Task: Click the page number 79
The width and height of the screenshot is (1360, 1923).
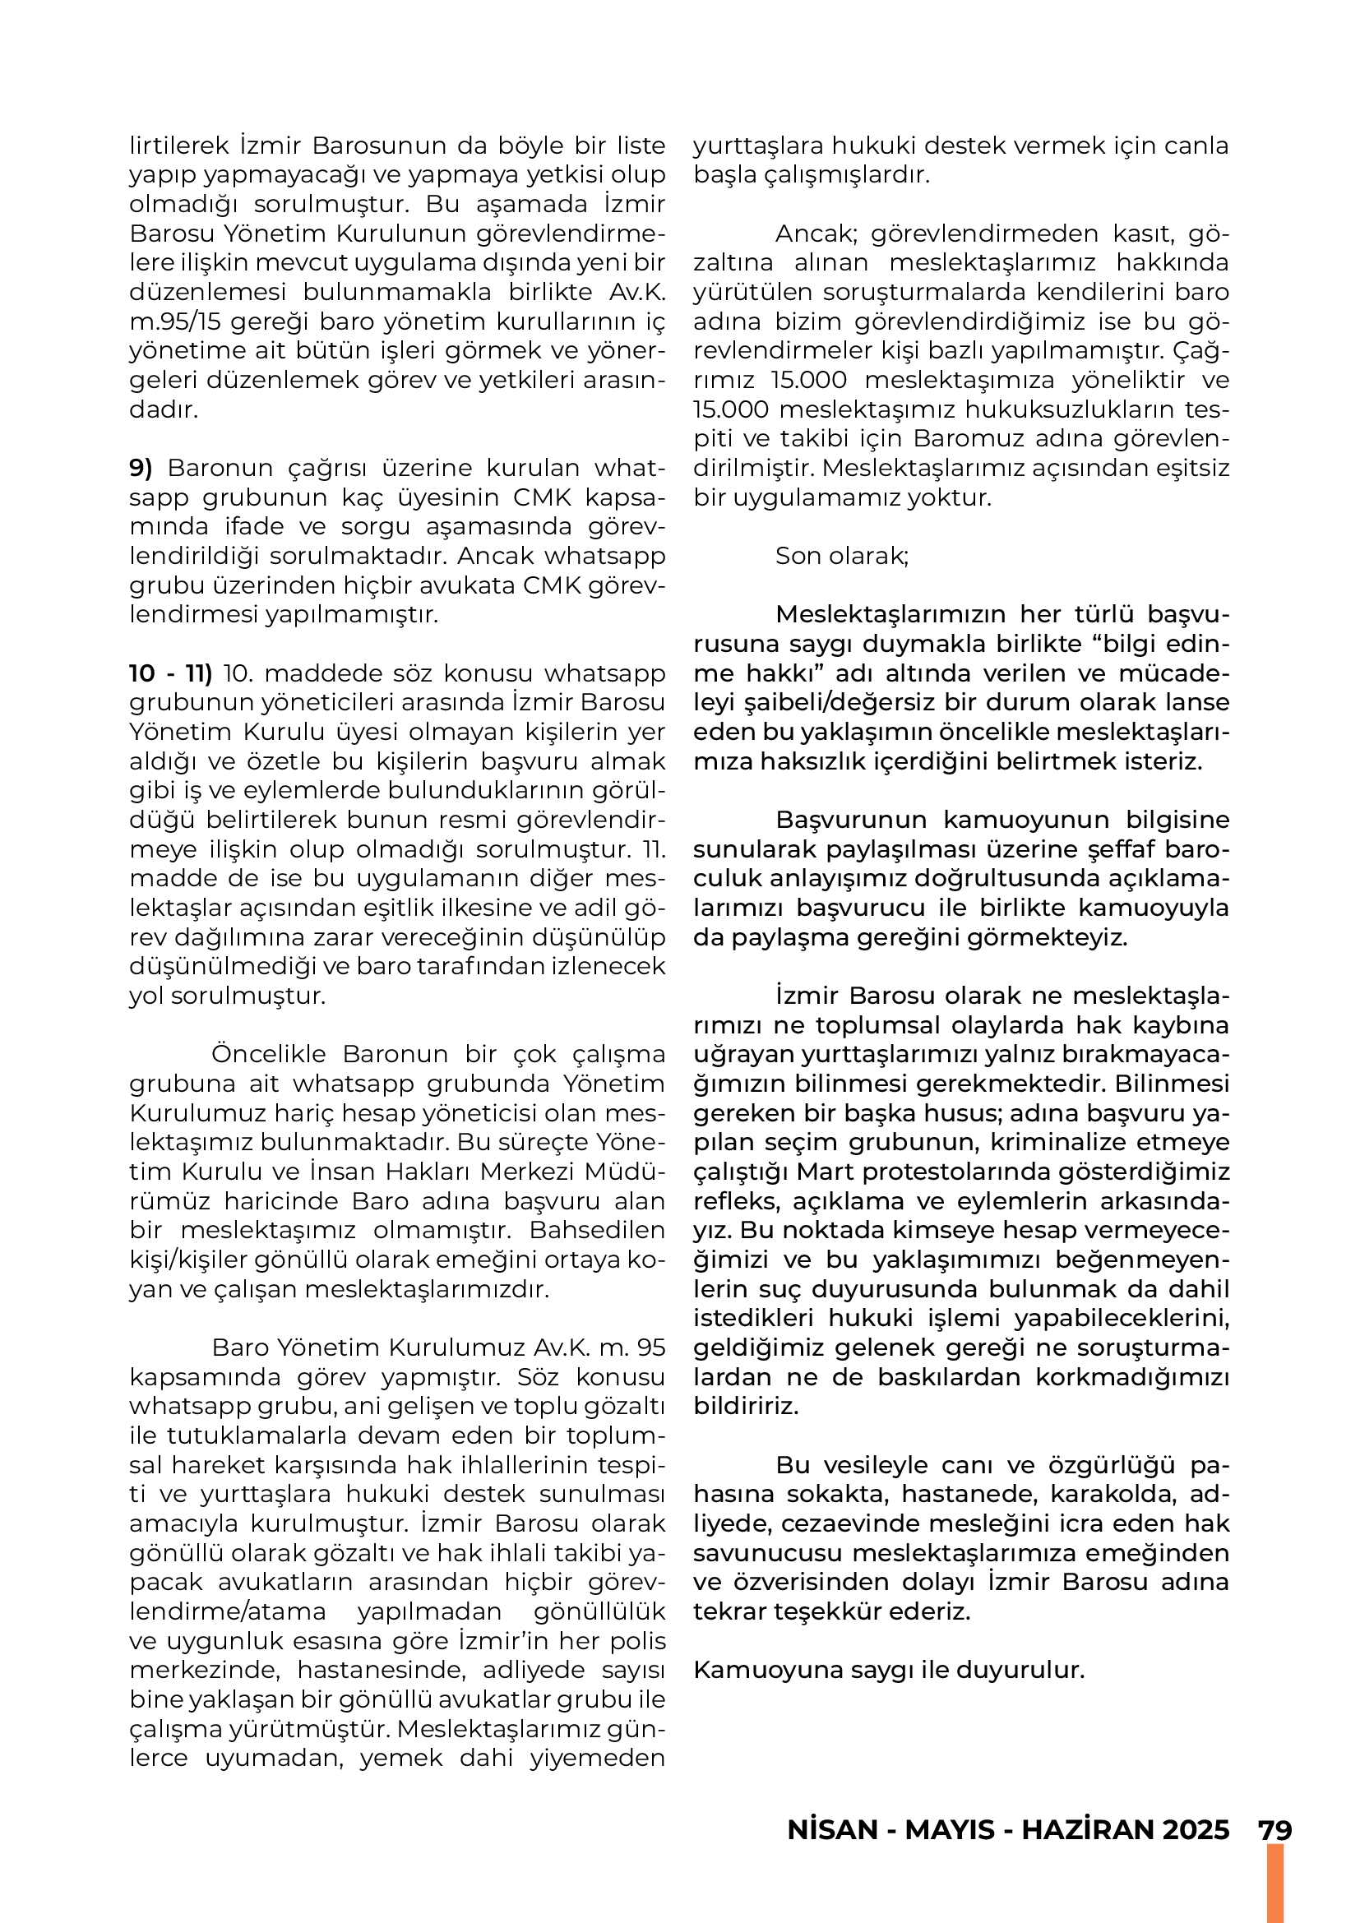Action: pyautogui.click(x=1274, y=1829)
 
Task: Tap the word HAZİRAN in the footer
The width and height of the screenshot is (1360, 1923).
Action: pyautogui.click(x=1084, y=1829)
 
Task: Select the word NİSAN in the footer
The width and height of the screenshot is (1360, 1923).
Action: pyautogui.click(x=832, y=1829)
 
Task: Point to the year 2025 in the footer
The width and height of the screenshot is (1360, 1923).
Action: pyautogui.click(x=1192, y=1829)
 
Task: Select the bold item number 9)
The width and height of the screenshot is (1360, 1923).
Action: pyautogui.click(x=141, y=467)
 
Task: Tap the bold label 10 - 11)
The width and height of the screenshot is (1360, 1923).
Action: pyautogui.click(x=171, y=673)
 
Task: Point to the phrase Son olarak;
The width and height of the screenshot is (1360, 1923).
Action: pyautogui.click(x=842, y=556)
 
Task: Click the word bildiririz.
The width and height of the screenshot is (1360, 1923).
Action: pyautogui.click(x=745, y=1406)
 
